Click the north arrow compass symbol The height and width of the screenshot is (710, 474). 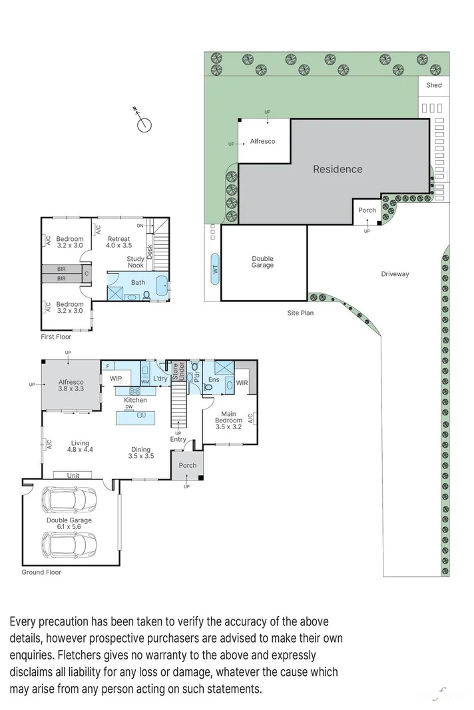(144, 123)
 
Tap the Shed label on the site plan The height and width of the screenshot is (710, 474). (434, 85)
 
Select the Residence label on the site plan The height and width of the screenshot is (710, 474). (338, 169)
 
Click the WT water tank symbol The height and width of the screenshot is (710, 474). (214, 268)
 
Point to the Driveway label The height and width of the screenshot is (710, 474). (395, 274)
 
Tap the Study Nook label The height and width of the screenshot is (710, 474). (136, 262)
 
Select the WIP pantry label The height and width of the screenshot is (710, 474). (115, 379)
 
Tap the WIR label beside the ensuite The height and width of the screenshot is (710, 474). (242, 383)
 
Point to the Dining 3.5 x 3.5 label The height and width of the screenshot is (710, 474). (140, 453)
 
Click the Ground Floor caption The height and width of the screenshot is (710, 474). (41, 572)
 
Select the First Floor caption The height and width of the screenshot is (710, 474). (55, 337)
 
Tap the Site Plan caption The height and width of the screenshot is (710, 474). (300, 313)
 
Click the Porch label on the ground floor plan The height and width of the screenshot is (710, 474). (188, 465)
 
